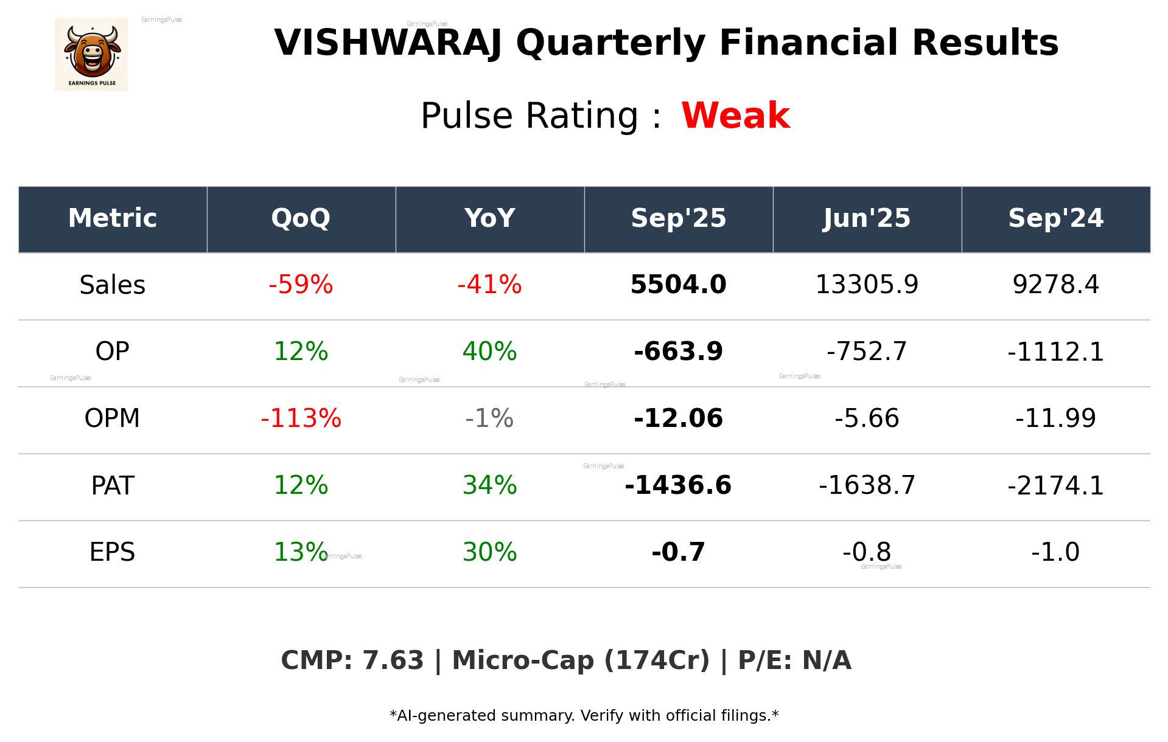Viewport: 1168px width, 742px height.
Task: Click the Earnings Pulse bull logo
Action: (91, 54)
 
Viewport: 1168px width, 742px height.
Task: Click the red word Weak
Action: (735, 116)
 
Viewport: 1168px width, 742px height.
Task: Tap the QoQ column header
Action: (301, 218)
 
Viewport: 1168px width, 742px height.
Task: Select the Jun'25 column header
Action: (867, 218)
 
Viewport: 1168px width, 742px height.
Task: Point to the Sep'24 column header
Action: (1055, 218)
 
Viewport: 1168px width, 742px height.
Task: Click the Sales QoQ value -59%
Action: (301, 285)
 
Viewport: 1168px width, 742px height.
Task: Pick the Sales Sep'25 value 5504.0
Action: (678, 285)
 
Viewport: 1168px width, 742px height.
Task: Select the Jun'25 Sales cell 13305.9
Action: (867, 285)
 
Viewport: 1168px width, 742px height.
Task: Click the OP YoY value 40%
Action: (489, 352)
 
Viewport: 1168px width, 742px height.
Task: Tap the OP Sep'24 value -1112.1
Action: (1055, 352)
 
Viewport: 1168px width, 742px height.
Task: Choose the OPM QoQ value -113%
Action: (301, 418)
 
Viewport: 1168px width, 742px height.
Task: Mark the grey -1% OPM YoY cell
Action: (489, 418)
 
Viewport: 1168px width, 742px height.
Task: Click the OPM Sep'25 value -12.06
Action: (678, 418)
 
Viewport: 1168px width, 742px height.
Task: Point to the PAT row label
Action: (113, 485)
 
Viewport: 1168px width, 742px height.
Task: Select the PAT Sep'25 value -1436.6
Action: (678, 485)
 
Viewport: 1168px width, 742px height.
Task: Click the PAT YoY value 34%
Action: (489, 485)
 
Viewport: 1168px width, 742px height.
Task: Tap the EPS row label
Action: (113, 552)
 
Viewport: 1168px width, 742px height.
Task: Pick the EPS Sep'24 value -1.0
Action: (1055, 552)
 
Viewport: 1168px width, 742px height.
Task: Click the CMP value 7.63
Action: (393, 661)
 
